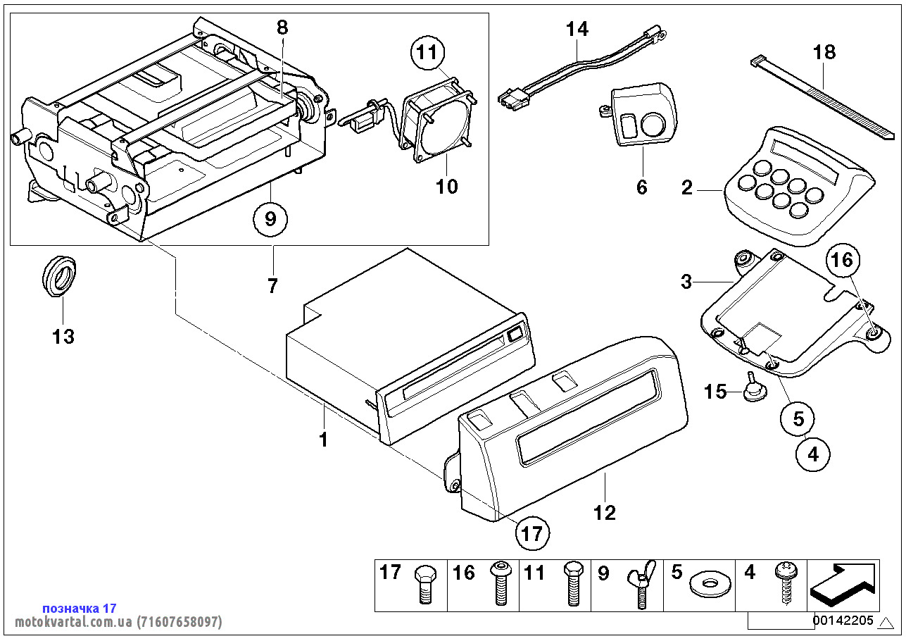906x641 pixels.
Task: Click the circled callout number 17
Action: pyautogui.click(x=532, y=533)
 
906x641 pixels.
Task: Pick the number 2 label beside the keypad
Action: pyautogui.click(x=687, y=188)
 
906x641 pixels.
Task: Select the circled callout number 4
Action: pyautogui.click(x=813, y=454)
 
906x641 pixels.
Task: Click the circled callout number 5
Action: pyautogui.click(x=798, y=419)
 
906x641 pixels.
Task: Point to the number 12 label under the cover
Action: pyautogui.click(x=605, y=512)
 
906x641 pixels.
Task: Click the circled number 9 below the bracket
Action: pyautogui.click(x=272, y=220)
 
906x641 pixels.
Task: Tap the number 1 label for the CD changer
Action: pyautogui.click(x=323, y=440)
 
